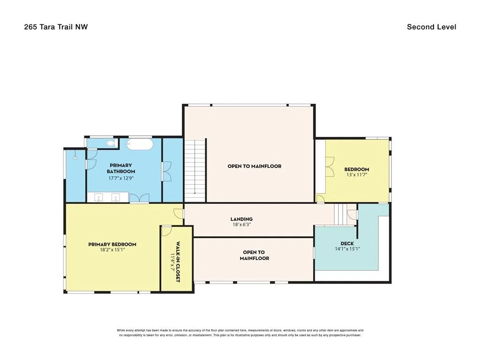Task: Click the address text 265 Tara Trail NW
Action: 56,27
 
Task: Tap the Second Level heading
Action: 431,27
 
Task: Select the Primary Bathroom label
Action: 121,168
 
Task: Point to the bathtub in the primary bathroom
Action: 140,144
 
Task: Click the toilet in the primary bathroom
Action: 111,143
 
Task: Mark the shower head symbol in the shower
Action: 75,157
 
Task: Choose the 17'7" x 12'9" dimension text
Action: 121,178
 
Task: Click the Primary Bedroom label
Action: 112,244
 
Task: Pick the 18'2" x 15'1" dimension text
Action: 112,250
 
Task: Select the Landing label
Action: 241,219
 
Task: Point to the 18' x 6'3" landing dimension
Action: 241,225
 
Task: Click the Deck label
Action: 347,244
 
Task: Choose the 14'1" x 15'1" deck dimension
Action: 347,249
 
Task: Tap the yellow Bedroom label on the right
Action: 357,169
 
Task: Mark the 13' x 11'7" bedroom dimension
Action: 357,175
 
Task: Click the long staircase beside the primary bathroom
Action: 195,171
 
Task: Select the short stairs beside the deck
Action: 340,214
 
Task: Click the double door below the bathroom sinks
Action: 139,198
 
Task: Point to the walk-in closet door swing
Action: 166,231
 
